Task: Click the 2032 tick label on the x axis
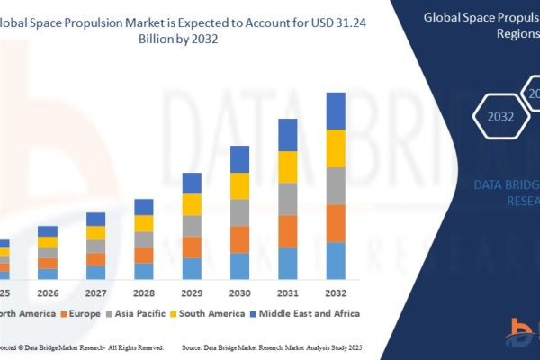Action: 336,293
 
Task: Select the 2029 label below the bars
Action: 192,293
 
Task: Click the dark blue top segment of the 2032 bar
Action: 336,111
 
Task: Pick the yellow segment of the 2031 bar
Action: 288,166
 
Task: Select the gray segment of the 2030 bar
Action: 239,212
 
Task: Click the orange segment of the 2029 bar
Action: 192,247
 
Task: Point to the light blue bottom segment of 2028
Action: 144,270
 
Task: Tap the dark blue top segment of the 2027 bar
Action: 95,219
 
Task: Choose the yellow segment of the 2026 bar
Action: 47,242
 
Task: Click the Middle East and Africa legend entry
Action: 308,313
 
